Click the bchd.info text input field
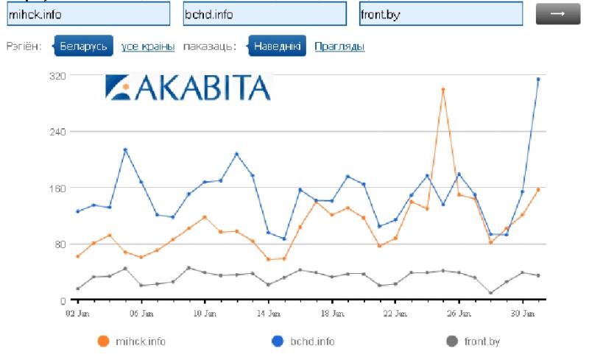point(264,15)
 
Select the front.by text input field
point(441,15)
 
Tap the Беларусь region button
point(84,46)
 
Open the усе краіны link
point(148,46)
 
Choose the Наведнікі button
point(277,46)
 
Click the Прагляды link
point(339,46)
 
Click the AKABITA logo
point(188,87)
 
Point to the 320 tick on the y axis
point(58,75)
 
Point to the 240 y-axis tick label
point(58,131)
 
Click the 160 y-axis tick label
point(58,188)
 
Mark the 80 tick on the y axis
point(60,244)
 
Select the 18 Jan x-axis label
point(332,313)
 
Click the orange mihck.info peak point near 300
point(443,90)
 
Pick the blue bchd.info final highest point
point(538,80)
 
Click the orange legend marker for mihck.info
point(103,341)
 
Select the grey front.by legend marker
point(452,341)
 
